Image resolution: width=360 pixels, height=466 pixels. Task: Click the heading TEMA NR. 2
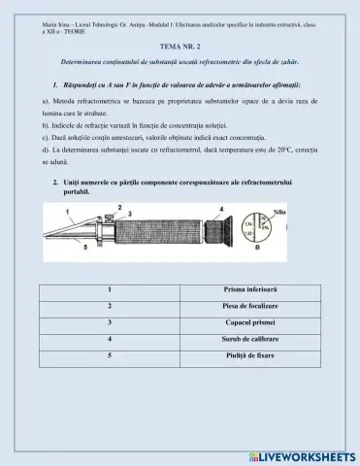coord(179,46)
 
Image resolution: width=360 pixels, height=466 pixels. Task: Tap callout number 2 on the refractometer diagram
coord(118,207)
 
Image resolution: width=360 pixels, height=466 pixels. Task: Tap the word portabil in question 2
coord(79,193)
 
